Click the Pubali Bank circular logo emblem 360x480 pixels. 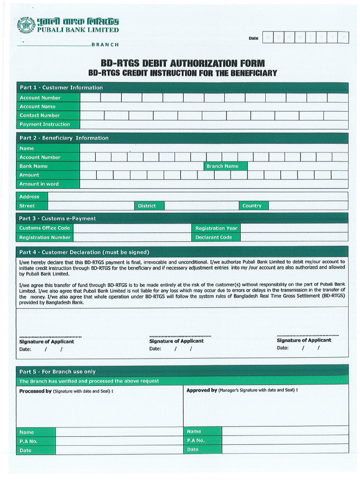(26, 25)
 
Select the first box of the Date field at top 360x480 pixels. (268, 37)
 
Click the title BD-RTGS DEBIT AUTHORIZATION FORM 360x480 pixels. (183, 63)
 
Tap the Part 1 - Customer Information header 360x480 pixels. (61, 88)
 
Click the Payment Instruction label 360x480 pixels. (45, 125)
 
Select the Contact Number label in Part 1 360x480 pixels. (40, 115)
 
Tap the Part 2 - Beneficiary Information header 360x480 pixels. (64, 138)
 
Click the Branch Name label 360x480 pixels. (223, 166)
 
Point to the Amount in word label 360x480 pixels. (39, 184)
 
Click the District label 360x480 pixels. (147, 206)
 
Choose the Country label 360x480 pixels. (252, 206)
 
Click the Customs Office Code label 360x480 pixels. (45, 228)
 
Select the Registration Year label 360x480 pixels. (216, 228)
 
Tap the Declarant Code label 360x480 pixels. (214, 238)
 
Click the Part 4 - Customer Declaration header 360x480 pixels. (84, 252)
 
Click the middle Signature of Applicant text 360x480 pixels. (176, 341)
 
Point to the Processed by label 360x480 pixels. (35, 391)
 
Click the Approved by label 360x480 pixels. (202, 390)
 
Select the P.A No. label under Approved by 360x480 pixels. (196, 441)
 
